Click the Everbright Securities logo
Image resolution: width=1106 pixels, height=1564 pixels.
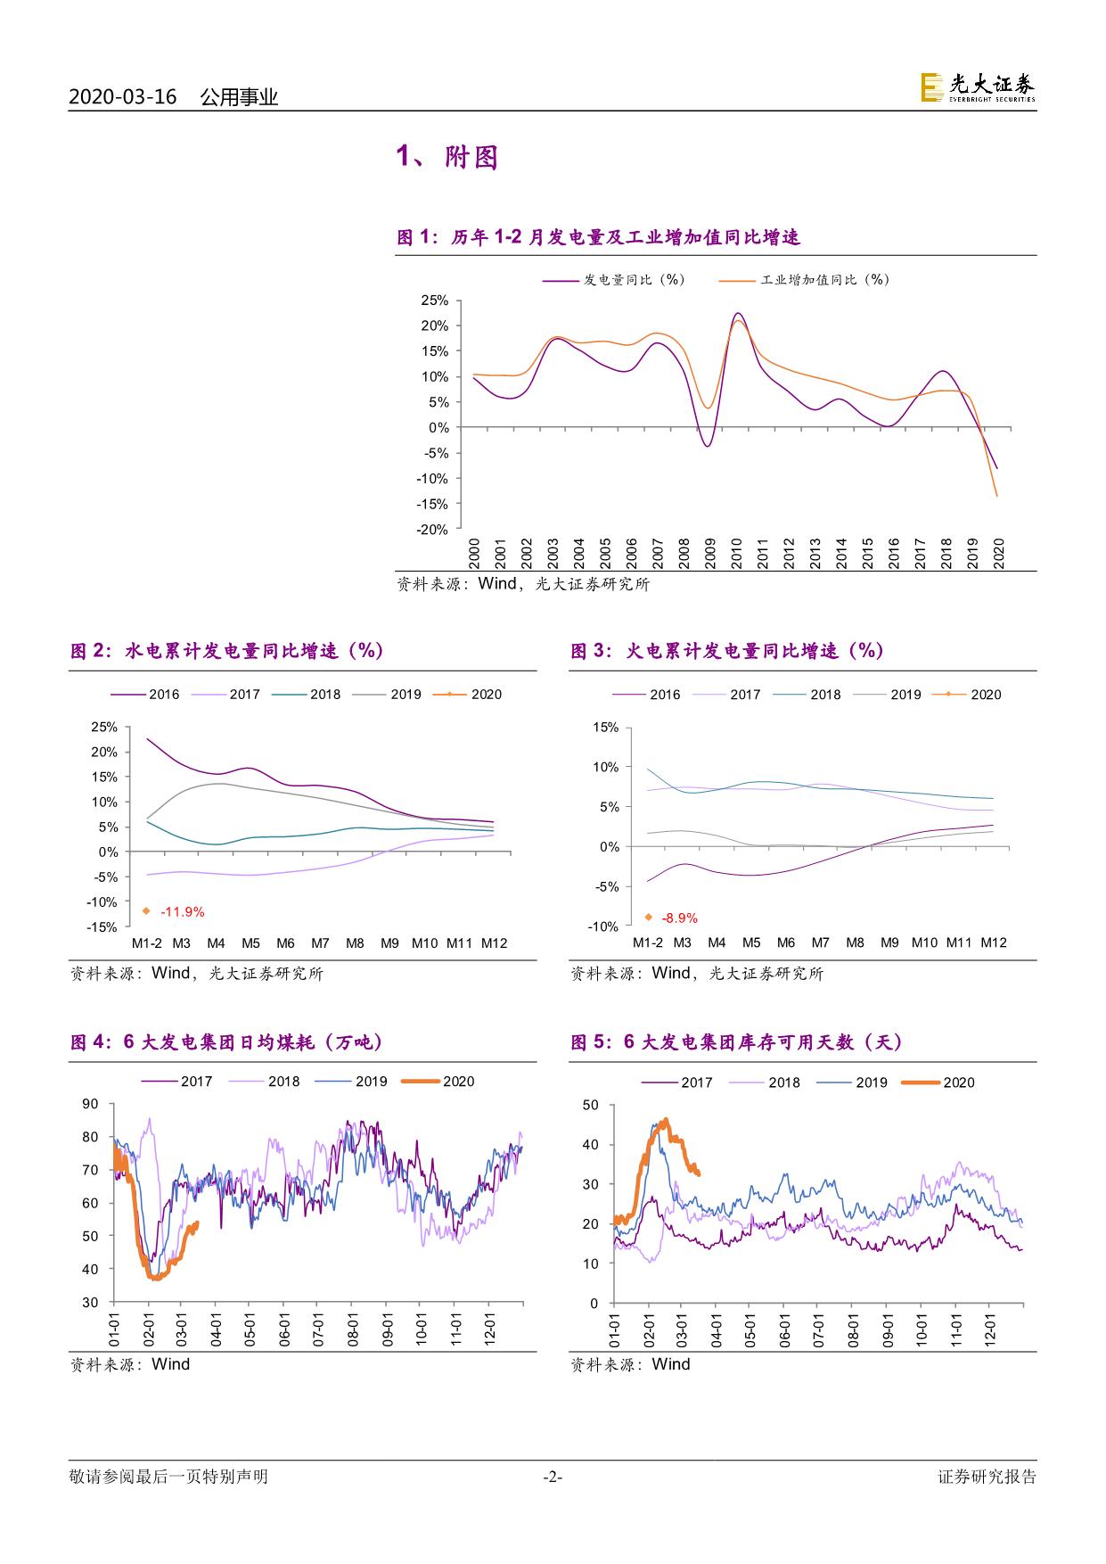[x=978, y=87]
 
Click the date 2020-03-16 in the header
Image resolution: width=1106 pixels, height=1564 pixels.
[x=123, y=97]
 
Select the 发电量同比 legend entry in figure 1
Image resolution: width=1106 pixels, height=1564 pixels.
[x=614, y=280]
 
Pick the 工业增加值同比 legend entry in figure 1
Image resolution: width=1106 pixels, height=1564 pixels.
[x=804, y=280]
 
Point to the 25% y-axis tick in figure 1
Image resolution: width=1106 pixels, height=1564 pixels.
[x=435, y=300]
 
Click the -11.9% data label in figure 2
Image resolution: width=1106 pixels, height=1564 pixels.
[x=183, y=911]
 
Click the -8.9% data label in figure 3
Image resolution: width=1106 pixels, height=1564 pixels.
[x=680, y=918]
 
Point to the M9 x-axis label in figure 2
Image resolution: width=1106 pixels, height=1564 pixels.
[x=389, y=943]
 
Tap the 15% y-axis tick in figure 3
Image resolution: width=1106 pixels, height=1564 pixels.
[x=606, y=728]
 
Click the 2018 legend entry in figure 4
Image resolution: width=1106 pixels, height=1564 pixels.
[x=265, y=1082]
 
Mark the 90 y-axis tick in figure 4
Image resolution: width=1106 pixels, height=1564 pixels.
[x=90, y=1104]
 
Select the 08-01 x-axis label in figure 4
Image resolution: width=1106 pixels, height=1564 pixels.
[x=352, y=1327]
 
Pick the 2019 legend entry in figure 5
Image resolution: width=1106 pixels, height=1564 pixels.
[x=853, y=1082]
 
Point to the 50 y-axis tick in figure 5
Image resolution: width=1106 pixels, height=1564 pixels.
[x=591, y=1105]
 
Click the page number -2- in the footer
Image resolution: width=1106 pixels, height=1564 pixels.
[x=553, y=1478]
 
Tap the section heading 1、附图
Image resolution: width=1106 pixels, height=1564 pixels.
[x=446, y=158]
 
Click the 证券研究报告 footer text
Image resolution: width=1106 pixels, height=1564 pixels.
[x=987, y=1477]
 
